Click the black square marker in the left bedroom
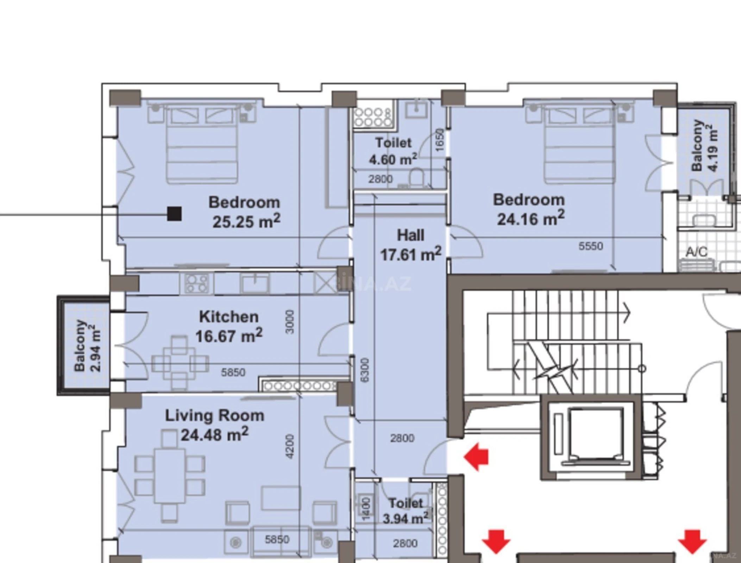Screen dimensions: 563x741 coord(174,214)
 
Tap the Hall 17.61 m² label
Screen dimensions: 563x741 coord(410,245)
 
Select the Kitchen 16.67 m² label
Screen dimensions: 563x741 coord(229,327)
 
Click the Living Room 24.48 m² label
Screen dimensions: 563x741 coord(214,425)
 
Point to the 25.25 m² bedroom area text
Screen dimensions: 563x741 coord(246,221)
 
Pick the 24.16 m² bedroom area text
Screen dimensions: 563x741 coord(530,219)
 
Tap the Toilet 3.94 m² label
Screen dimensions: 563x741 coord(406,511)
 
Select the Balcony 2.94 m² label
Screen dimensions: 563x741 coord(87,346)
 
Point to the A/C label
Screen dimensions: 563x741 coord(696,252)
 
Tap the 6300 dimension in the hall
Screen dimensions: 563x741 coord(365,370)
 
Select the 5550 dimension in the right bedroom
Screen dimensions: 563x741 coord(591,246)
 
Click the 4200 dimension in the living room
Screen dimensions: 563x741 coord(289,447)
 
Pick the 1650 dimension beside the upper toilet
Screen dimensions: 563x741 coord(440,140)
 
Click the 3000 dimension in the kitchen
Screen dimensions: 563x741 coord(289,322)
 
